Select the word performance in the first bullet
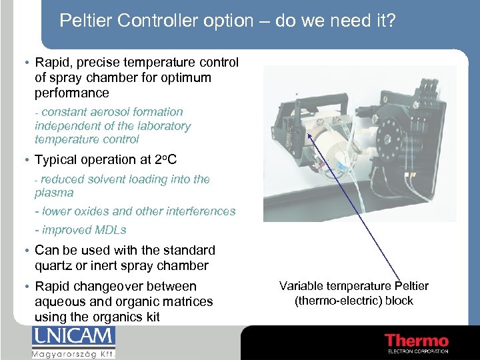point(71,93)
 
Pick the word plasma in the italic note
point(54,193)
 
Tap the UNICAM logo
point(73,337)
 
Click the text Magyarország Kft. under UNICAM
point(73,353)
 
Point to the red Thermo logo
point(417,341)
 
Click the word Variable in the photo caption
point(301,286)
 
